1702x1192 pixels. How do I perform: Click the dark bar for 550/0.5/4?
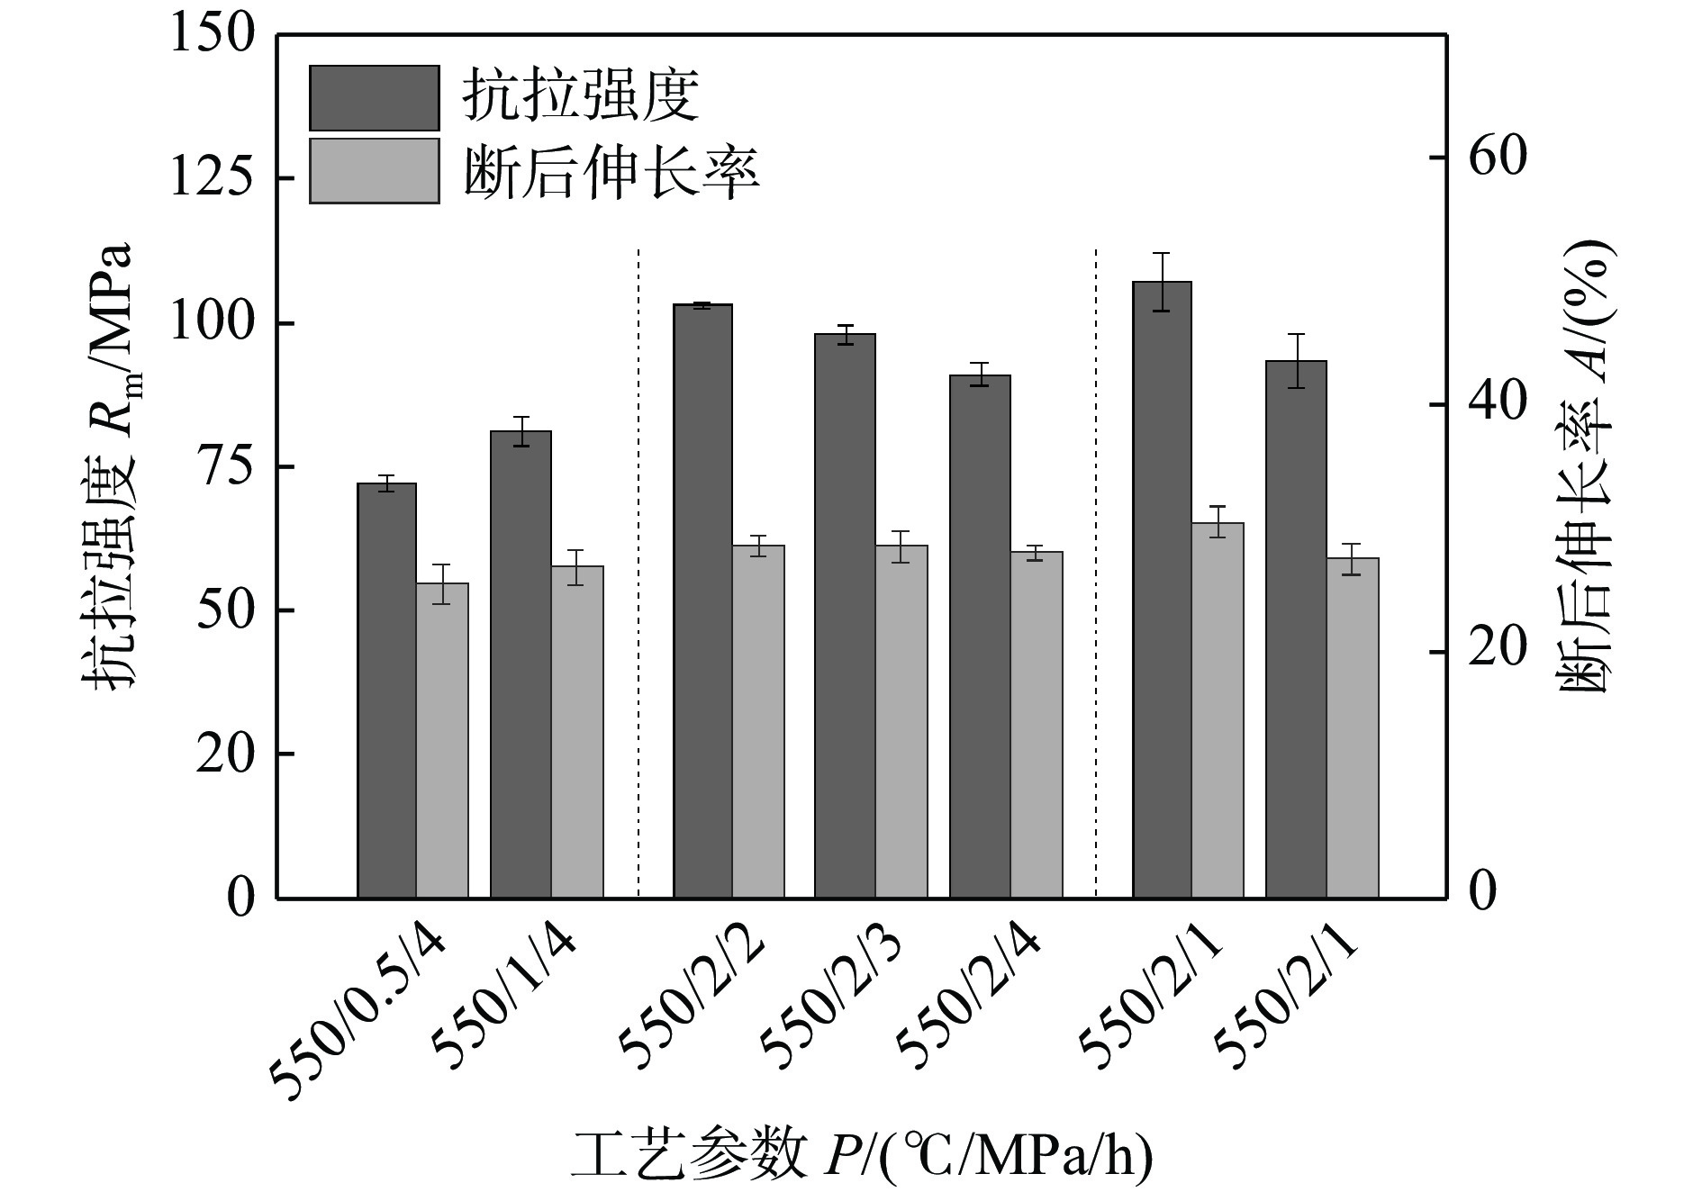pyautogui.click(x=386, y=691)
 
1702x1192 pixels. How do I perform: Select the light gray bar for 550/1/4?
pyautogui.click(x=577, y=731)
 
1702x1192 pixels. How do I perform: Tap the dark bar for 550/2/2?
pyautogui.click(x=702, y=601)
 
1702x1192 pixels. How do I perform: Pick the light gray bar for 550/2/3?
pyautogui.click(x=901, y=721)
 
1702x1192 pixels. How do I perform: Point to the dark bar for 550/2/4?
pyautogui.click(x=980, y=636)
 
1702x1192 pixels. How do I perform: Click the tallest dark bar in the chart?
pyautogui.click(x=1162, y=590)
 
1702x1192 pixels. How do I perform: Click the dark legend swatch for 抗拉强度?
pyautogui.click(x=374, y=97)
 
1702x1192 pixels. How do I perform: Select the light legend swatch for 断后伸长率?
pyautogui.click(x=374, y=170)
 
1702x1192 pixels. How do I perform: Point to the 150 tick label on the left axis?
pyautogui.click(x=213, y=36)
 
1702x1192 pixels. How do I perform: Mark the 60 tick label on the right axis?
pyautogui.click(x=1498, y=158)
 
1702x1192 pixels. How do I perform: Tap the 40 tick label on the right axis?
pyautogui.click(x=1498, y=404)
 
